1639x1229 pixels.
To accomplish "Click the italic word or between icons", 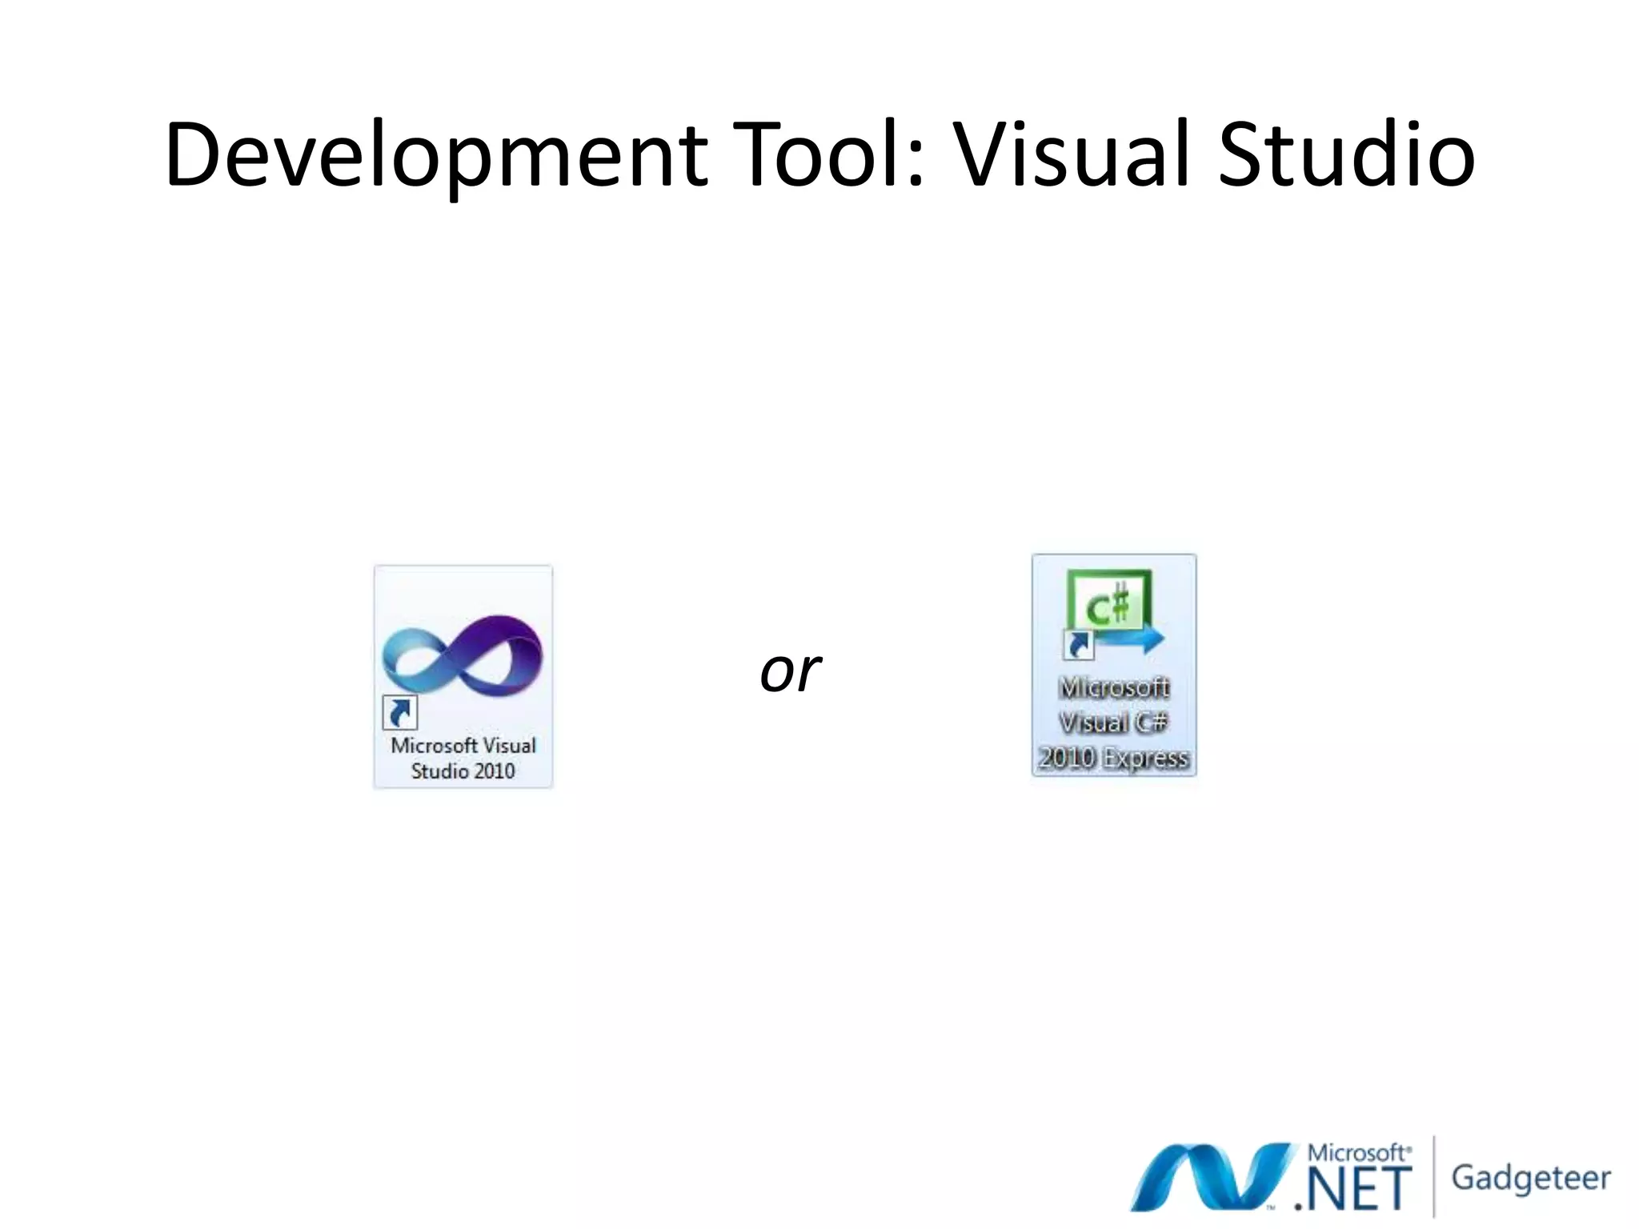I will point(790,671).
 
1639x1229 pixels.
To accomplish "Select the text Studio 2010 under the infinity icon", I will point(463,771).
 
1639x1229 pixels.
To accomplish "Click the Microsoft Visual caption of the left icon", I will point(463,746).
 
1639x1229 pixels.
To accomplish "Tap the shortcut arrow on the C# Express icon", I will point(1079,644).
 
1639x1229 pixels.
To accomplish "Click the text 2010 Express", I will point(1113,758).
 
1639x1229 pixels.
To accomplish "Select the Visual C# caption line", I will point(1113,723).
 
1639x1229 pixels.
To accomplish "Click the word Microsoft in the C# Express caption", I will point(1113,687).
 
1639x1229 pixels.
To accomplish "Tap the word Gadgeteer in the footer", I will point(1530,1178).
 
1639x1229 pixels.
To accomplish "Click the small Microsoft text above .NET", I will point(1357,1153).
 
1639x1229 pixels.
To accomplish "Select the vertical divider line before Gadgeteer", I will point(1433,1176).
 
